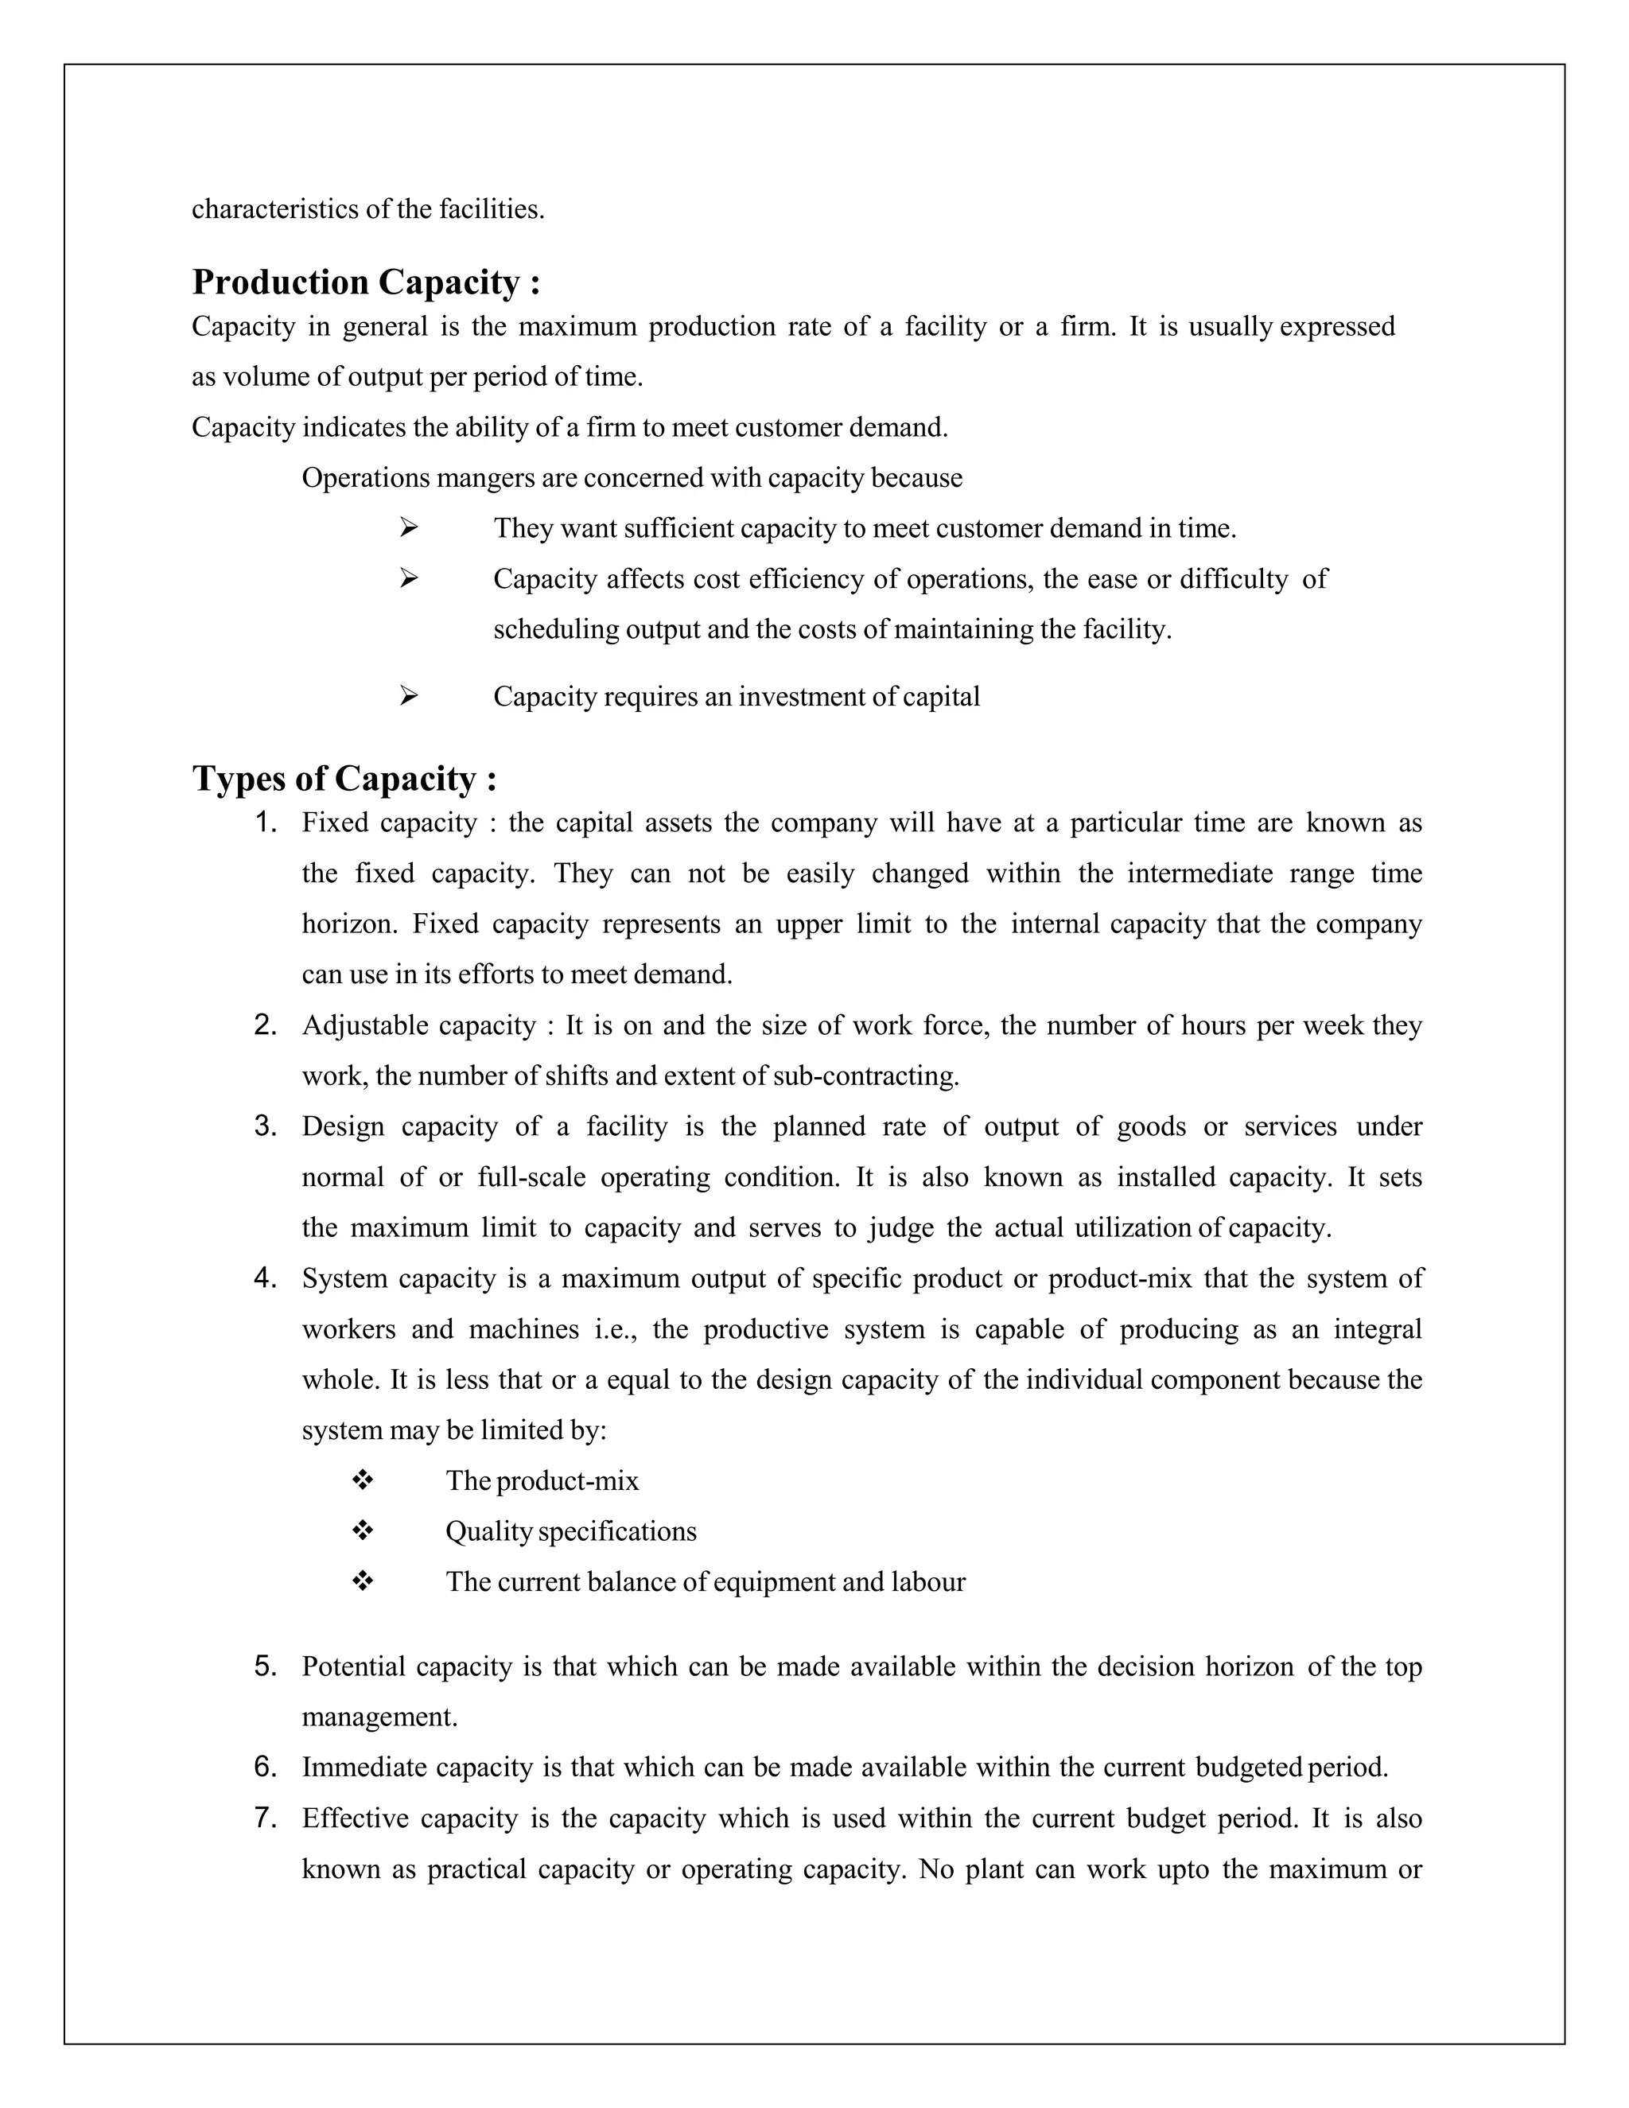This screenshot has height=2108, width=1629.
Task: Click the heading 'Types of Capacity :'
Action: (344, 779)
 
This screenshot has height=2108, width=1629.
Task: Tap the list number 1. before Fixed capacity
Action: (266, 823)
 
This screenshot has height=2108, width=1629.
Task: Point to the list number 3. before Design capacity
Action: (266, 1126)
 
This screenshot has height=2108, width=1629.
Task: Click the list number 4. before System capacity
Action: (266, 1279)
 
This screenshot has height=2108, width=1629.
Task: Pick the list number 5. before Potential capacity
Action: (266, 1667)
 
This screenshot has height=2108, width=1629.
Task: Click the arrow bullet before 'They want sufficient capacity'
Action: (408, 528)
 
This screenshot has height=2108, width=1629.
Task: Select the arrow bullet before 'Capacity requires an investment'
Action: (408, 696)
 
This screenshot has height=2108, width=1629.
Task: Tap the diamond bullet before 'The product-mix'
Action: (363, 1480)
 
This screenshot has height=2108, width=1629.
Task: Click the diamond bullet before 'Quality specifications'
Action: (363, 1530)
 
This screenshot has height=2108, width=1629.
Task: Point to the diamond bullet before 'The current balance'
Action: (363, 1581)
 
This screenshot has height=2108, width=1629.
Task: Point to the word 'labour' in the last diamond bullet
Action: (928, 1582)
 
